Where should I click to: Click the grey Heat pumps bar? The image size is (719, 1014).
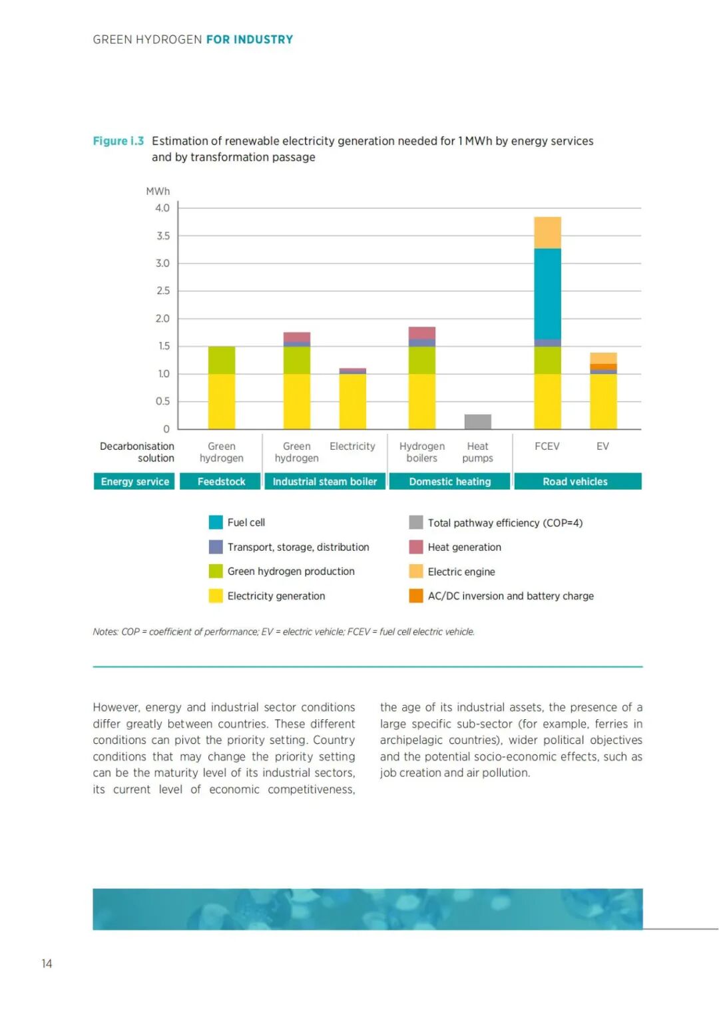tap(477, 421)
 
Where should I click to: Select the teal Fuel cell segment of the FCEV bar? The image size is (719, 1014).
tap(547, 293)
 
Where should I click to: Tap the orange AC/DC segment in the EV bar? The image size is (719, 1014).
tap(603, 367)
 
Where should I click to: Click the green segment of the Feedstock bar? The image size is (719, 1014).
tap(222, 360)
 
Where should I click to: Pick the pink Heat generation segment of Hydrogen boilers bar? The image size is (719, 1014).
tap(422, 333)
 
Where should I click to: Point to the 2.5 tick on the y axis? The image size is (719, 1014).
tap(163, 291)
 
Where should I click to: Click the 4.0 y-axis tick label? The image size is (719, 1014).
tap(162, 208)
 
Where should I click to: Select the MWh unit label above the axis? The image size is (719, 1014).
tap(158, 192)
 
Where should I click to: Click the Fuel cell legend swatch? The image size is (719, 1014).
tap(216, 522)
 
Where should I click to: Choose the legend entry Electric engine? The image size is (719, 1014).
tap(461, 572)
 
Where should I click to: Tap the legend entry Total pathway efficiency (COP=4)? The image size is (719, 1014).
tap(505, 523)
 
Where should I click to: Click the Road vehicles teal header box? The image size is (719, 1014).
tap(575, 481)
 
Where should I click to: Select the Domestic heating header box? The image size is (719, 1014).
tap(450, 481)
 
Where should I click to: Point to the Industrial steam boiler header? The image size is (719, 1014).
tap(325, 481)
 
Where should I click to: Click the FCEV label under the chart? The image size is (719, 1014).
tap(547, 446)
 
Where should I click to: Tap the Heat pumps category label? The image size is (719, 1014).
tap(477, 452)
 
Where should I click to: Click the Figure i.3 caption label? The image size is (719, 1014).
tap(119, 141)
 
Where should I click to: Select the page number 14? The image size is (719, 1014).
tap(47, 963)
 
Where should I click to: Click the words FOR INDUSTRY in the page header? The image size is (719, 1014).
tap(250, 40)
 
